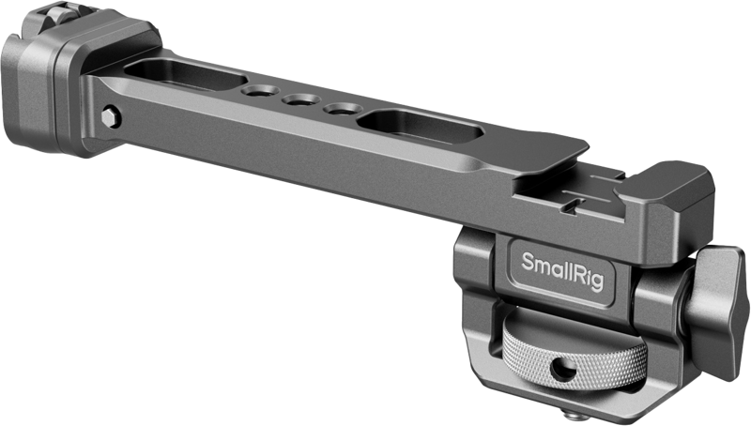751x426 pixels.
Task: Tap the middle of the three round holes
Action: pos(299,103)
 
